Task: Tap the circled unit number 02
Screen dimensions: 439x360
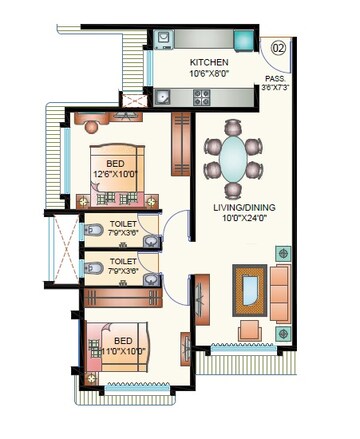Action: (280, 46)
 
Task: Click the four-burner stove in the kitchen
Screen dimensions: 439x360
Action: (201, 98)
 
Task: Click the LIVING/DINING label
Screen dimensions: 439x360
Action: (245, 207)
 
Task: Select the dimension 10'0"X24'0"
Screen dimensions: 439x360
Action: (245, 218)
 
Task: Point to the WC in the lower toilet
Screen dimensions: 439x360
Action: (92, 269)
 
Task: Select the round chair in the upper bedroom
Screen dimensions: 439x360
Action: (93, 124)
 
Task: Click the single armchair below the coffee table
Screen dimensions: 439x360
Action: (248, 331)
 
